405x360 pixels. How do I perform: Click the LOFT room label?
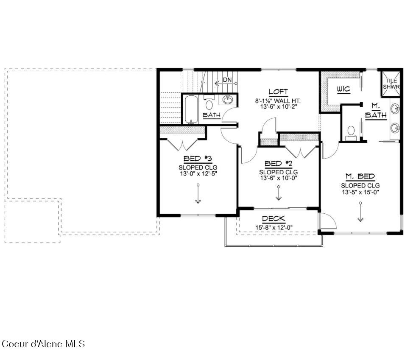click(x=278, y=92)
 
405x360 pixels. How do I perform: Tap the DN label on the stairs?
click(x=227, y=80)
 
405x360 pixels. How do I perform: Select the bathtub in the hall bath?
click(x=191, y=109)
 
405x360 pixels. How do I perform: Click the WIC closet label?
click(x=344, y=89)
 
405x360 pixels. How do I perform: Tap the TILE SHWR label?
click(x=391, y=84)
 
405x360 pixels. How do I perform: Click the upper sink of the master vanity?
click(x=395, y=109)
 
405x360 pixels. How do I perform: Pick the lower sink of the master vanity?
click(x=395, y=128)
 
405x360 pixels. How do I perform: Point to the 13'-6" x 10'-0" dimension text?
click(x=279, y=178)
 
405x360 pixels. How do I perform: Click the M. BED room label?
click(x=360, y=177)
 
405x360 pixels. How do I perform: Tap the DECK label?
click(x=274, y=219)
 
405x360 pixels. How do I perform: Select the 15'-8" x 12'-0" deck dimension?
click(x=274, y=228)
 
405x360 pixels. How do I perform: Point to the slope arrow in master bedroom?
click(x=360, y=212)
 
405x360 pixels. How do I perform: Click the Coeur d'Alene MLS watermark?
click(x=43, y=344)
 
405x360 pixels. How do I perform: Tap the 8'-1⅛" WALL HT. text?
click(x=278, y=101)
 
